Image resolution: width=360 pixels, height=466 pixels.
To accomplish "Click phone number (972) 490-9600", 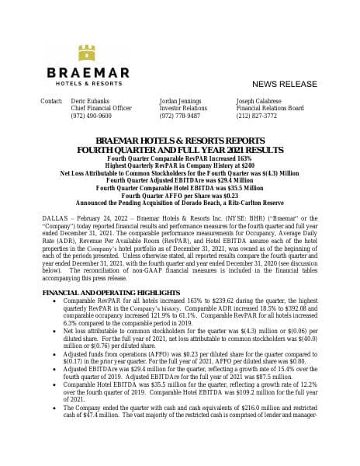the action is tap(91, 115).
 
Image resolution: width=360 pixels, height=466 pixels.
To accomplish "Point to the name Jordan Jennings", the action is tap(180, 101).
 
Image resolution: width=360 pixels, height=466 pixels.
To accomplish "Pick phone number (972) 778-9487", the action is tap(179, 115).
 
